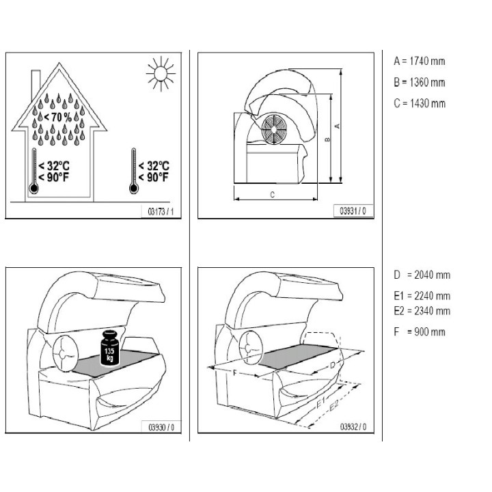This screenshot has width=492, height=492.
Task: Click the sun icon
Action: point(161,74)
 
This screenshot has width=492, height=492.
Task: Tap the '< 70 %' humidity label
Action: point(57,118)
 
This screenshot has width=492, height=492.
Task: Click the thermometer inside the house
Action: point(34,171)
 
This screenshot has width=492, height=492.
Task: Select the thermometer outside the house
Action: point(134,171)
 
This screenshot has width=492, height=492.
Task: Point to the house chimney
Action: point(36,84)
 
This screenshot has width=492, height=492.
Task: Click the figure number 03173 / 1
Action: point(161,212)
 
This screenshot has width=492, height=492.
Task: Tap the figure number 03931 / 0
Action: point(353,211)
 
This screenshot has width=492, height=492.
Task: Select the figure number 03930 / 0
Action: point(161,427)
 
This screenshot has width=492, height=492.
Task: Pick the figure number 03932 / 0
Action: point(353,426)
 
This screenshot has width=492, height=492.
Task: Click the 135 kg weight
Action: point(110,348)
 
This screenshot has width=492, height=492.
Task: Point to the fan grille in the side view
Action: point(274,129)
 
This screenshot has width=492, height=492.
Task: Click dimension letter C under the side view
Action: point(273,195)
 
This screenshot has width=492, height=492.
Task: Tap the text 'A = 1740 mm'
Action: point(419,61)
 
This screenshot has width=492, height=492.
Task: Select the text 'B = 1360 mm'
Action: point(419,82)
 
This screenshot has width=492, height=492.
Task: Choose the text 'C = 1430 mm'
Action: point(420,103)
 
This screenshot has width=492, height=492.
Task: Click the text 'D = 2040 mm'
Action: point(422,275)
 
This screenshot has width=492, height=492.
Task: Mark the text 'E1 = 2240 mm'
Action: point(422,296)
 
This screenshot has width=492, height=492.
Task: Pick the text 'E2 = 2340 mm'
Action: point(422,311)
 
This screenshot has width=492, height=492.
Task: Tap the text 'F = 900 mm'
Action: point(420,331)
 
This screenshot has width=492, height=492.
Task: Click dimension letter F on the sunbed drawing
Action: point(234,373)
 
